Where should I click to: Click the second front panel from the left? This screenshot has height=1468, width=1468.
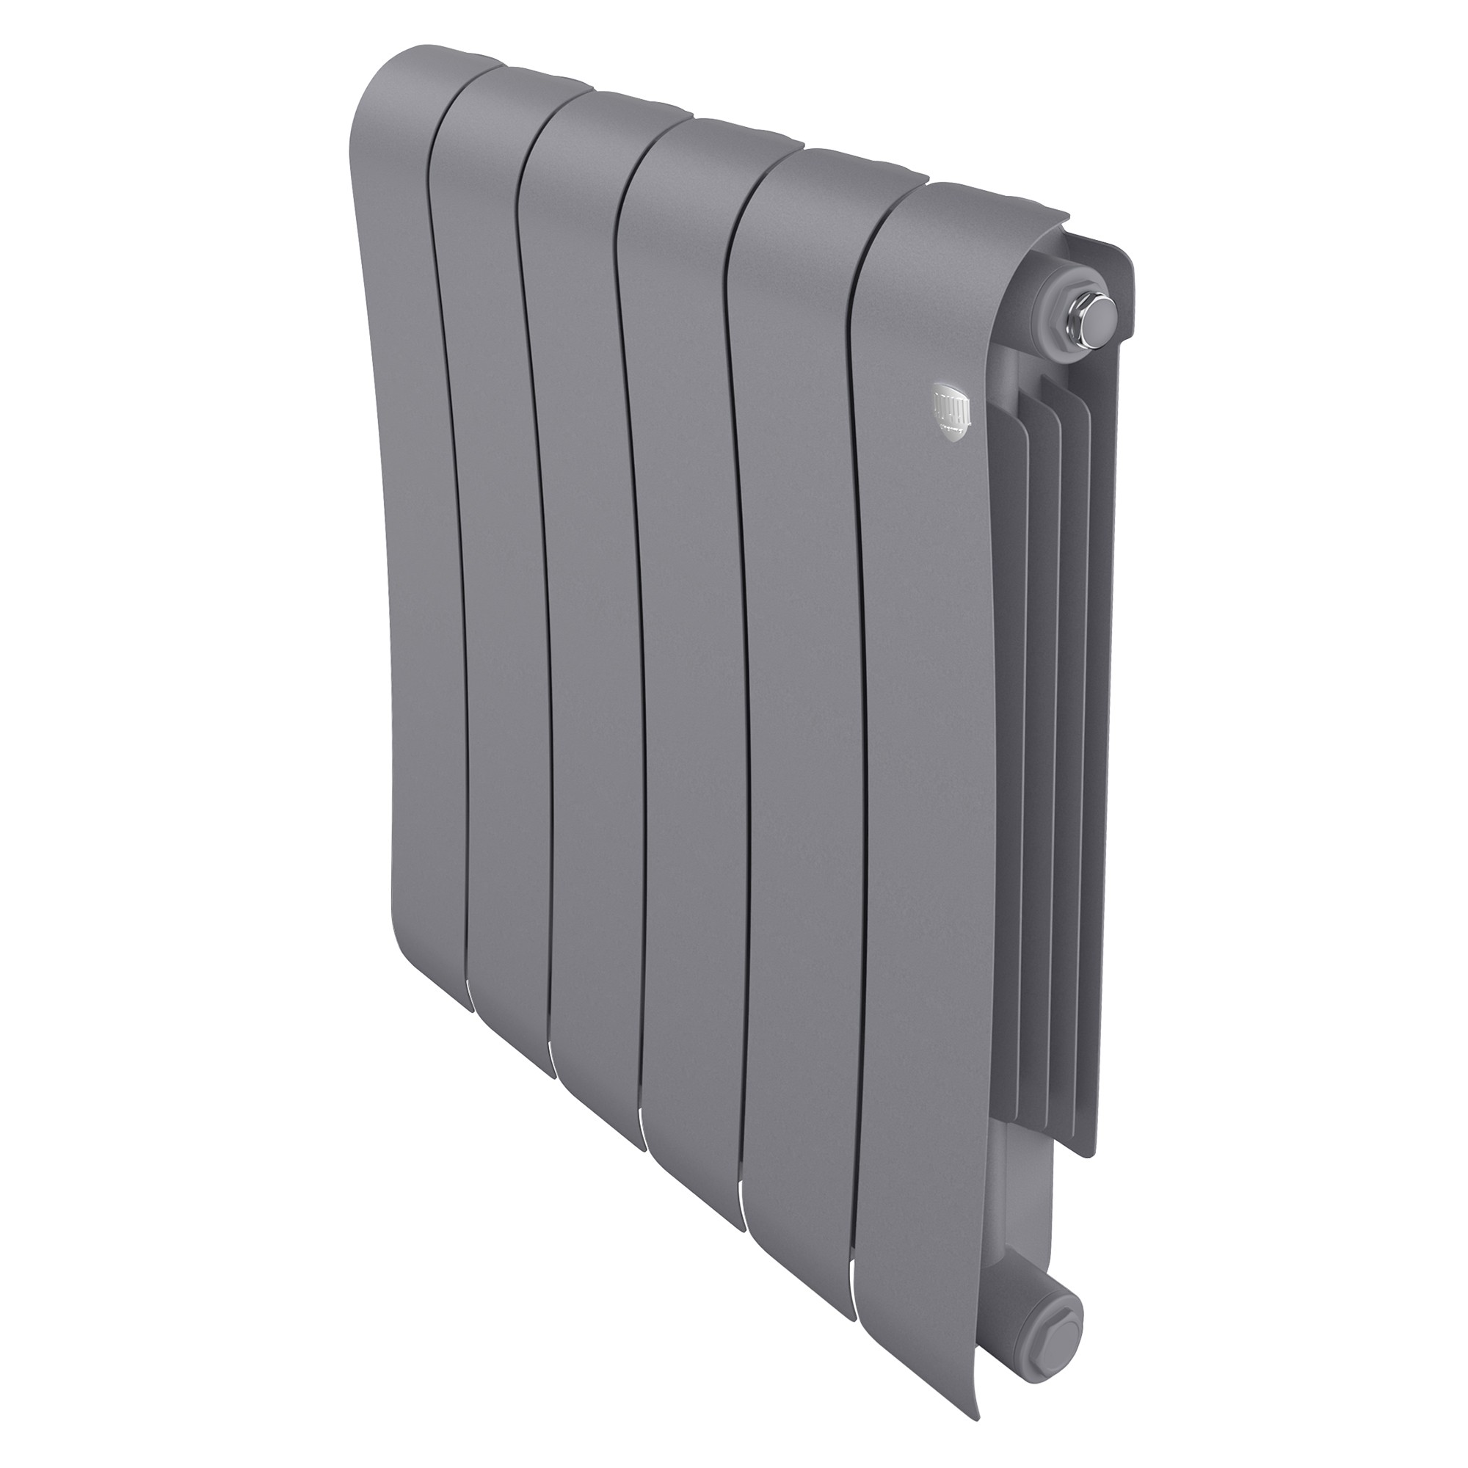[x=501, y=532]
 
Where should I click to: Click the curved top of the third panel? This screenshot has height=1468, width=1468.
[x=600, y=114]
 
